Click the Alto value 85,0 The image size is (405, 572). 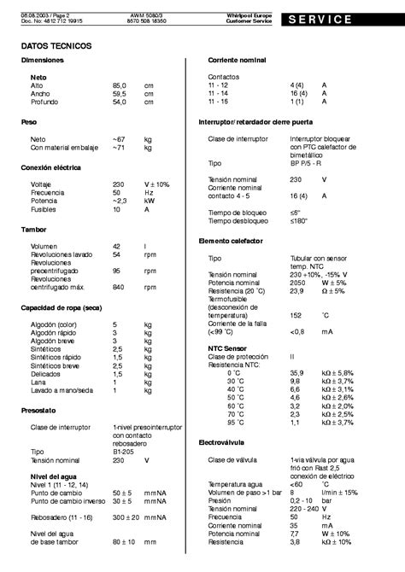pos(119,86)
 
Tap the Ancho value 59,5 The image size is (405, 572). pos(119,95)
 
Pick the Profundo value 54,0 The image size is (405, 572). pos(119,102)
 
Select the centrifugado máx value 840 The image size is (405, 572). pos(118,287)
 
